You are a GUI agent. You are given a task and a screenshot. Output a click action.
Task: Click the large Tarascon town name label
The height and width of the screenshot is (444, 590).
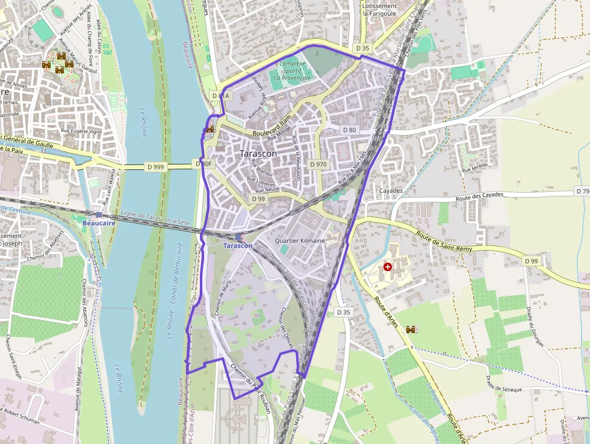click(x=258, y=154)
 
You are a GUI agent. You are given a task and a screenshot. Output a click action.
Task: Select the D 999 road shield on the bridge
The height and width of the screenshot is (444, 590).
click(x=155, y=167)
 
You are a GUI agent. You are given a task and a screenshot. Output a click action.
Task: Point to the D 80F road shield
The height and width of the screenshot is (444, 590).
click(x=205, y=163)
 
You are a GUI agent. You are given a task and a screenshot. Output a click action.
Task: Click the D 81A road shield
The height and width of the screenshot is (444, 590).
click(x=221, y=96)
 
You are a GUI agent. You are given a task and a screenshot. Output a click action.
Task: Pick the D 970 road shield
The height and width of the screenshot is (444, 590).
click(x=318, y=164)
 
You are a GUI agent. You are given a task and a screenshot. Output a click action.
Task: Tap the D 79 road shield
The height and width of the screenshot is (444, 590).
click(x=582, y=191)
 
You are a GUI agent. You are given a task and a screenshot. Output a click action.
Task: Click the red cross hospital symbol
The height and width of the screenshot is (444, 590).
click(x=388, y=266)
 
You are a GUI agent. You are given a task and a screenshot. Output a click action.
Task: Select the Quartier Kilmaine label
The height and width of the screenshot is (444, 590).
click(x=299, y=240)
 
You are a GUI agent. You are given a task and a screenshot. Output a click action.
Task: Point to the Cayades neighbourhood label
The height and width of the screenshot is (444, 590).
click(x=391, y=190)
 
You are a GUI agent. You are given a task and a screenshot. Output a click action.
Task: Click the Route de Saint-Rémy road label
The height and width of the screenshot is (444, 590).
click(x=446, y=240)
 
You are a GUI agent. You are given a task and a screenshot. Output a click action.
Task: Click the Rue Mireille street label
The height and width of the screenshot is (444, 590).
click(x=474, y=170)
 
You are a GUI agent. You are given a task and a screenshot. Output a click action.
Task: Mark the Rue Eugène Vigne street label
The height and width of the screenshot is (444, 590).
click(x=81, y=131)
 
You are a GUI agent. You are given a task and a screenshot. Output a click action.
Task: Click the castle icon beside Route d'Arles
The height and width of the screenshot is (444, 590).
click(x=412, y=330)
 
